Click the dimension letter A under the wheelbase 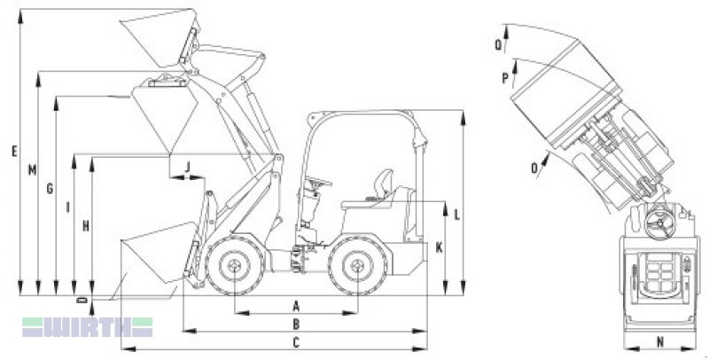[x=296, y=306]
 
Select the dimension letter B [x=296, y=324]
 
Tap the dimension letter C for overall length [x=296, y=342]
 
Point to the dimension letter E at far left [x=14, y=151]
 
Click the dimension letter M [x=32, y=170]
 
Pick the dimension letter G [x=50, y=188]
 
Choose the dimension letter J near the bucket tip [x=188, y=167]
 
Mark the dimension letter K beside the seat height [x=439, y=248]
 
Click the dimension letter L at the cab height [x=456, y=215]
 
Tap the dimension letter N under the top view [x=660, y=342]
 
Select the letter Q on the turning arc [x=498, y=44]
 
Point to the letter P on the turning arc [x=505, y=78]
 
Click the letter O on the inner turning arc [x=535, y=168]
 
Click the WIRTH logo [x=88, y=327]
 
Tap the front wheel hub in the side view [x=235, y=265]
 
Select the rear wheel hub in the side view [x=357, y=266]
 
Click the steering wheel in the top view [x=658, y=223]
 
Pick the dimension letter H [x=85, y=226]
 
